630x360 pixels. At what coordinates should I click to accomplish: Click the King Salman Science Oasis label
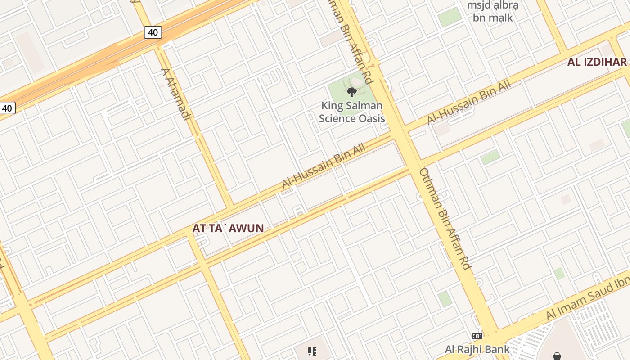pos(352,112)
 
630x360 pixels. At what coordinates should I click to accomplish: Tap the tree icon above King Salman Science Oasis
pos(352,92)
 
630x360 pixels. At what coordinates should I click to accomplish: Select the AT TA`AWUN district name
pos(228,228)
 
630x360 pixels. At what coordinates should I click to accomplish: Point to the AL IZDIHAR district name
pos(597,62)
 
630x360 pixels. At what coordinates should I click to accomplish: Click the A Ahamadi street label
pos(176,94)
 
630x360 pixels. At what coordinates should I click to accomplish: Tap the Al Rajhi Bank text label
pos(477,349)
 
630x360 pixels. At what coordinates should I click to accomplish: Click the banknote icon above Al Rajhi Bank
pos(477,336)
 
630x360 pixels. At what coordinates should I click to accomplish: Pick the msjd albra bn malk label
pos(493,12)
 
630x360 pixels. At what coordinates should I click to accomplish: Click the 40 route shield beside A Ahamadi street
pos(153,32)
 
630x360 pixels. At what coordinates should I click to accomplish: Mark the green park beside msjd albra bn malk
pos(450,17)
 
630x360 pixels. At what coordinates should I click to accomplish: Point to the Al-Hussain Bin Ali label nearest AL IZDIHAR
pos(470,102)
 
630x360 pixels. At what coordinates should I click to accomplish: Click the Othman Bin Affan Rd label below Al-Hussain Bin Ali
pos(445,219)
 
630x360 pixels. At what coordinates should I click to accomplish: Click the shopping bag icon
pos(557,356)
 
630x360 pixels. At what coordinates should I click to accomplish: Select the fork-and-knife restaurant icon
pos(312,351)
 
